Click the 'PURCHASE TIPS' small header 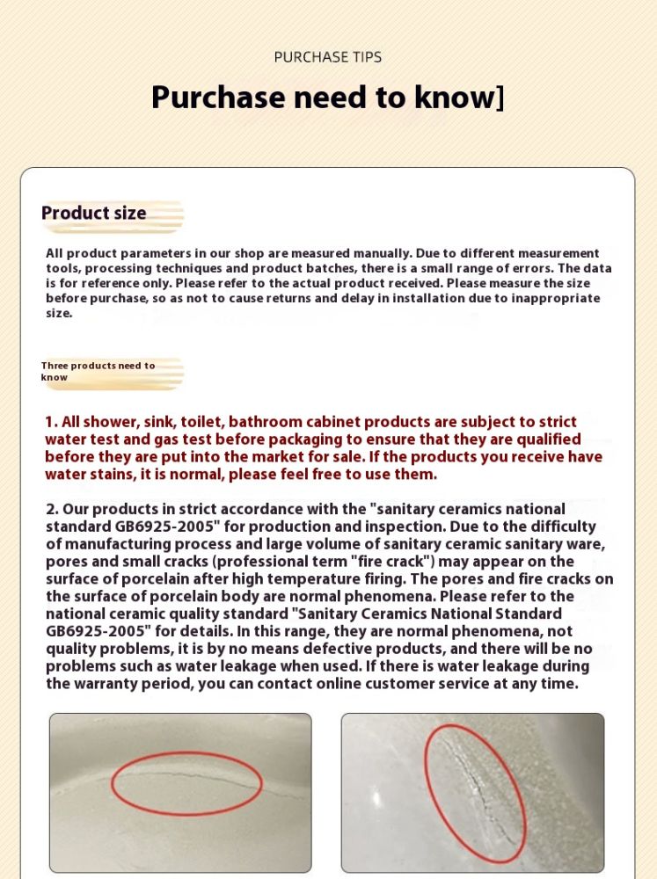click(x=328, y=57)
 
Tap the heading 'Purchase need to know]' click(x=328, y=98)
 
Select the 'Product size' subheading click(x=94, y=213)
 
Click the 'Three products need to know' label click(x=98, y=371)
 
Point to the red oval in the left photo click(x=187, y=783)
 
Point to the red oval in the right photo click(x=475, y=794)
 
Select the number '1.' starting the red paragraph click(x=51, y=422)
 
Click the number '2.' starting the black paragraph click(x=52, y=509)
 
